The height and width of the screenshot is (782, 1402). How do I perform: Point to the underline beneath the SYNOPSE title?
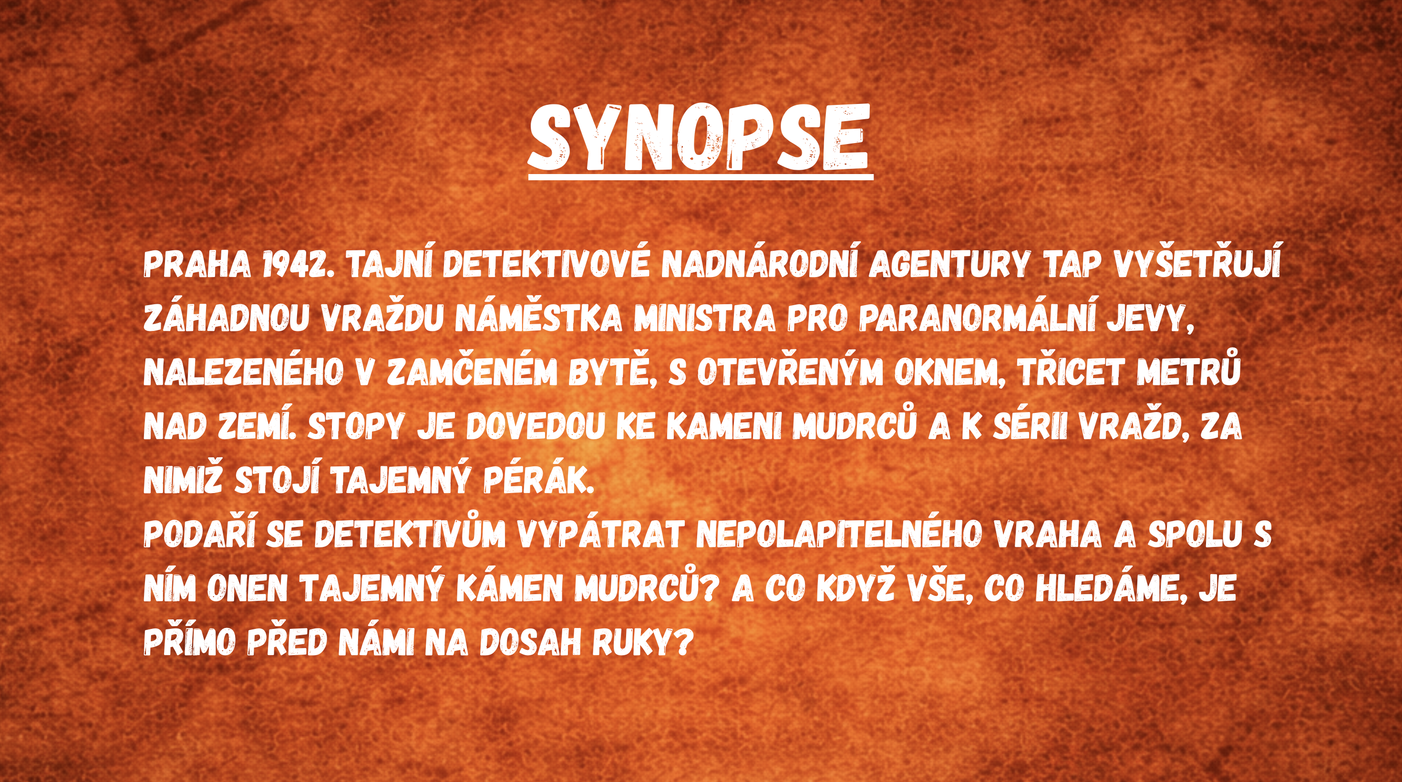click(701, 177)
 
